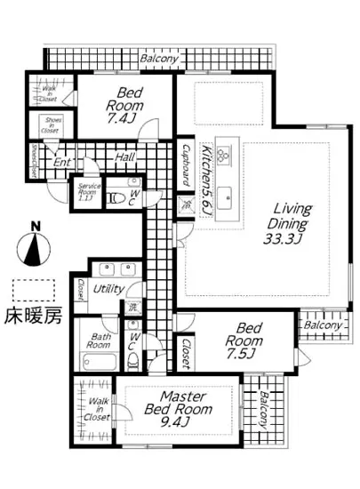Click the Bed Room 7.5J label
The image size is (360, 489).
(238, 341)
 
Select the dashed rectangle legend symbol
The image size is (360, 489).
(33, 290)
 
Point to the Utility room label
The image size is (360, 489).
(108, 289)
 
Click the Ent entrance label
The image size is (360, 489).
(61, 163)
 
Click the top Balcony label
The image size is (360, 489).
(160, 59)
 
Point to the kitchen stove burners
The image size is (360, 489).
(225, 155)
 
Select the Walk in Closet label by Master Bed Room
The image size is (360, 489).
(98, 406)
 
